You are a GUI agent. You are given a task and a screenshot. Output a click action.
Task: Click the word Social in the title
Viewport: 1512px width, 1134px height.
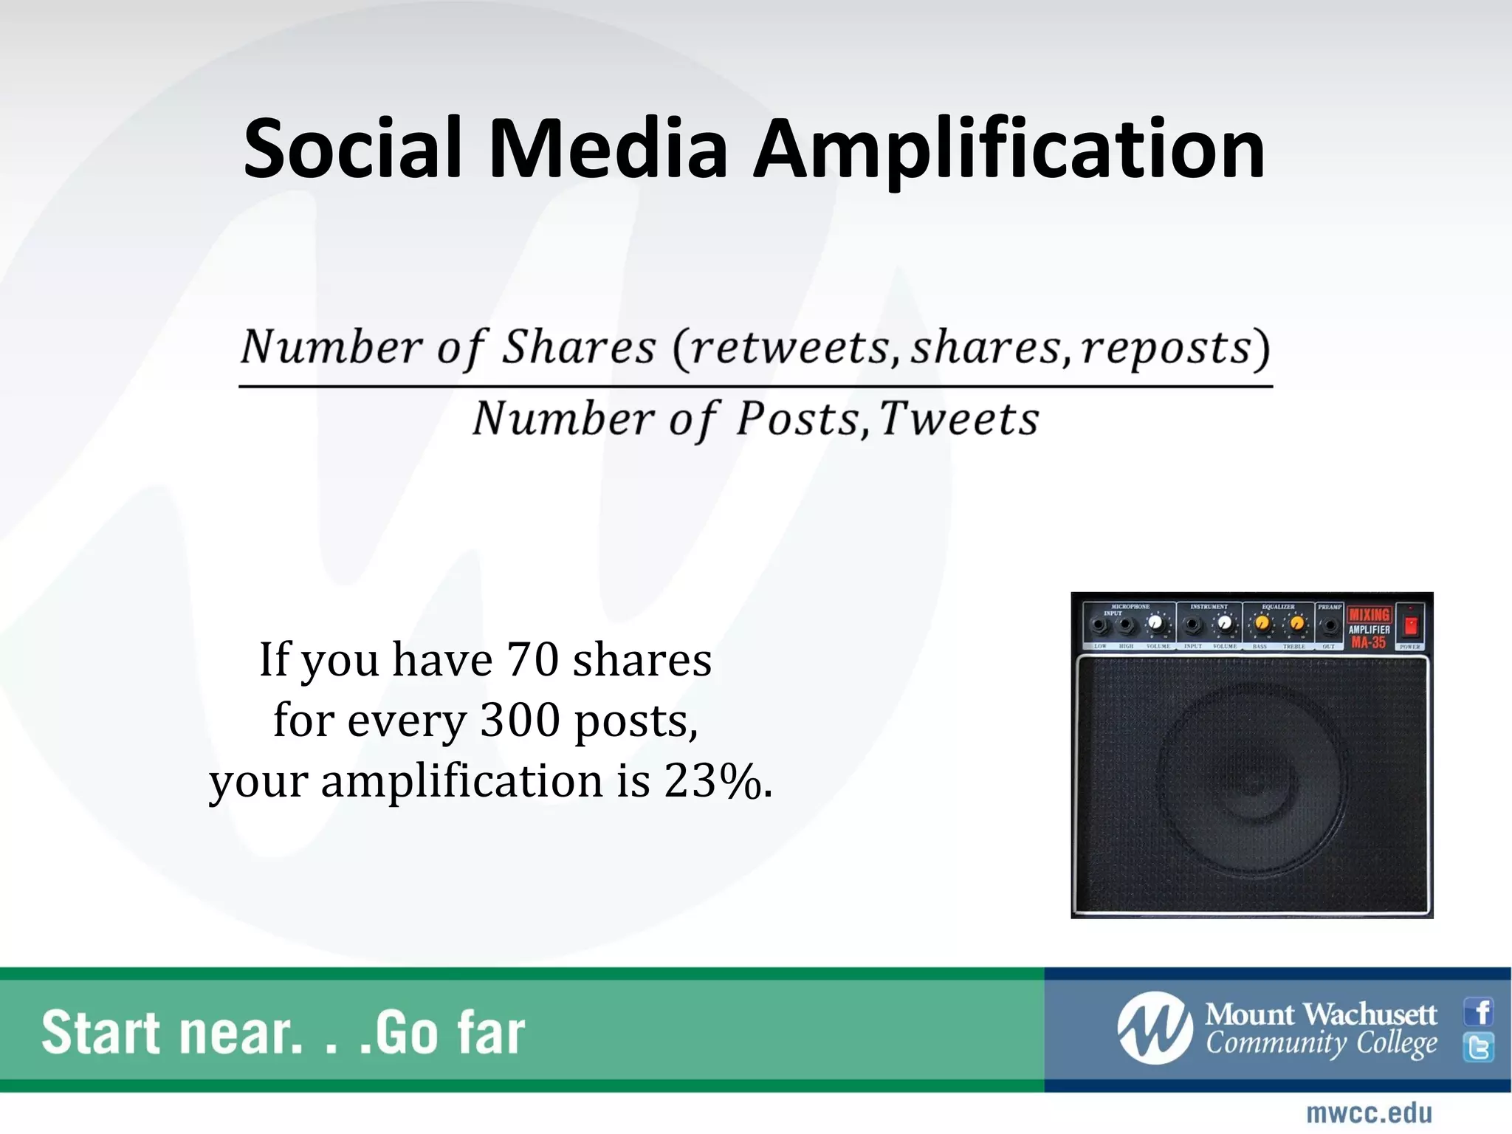click(x=353, y=150)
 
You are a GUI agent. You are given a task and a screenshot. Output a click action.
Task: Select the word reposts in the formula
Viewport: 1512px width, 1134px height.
click(x=1166, y=348)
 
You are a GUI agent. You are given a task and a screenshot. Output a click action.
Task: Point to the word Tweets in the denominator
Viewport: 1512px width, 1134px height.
click(x=958, y=419)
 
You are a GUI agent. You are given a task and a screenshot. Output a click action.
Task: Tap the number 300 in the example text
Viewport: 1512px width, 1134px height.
click(x=520, y=720)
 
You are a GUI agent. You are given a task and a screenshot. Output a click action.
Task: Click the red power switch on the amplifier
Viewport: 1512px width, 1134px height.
click(x=1410, y=626)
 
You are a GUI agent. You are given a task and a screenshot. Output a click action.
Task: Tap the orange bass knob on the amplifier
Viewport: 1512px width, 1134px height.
click(x=1262, y=625)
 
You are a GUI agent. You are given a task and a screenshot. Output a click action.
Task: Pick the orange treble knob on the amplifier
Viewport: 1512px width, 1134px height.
click(x=1296, y=625)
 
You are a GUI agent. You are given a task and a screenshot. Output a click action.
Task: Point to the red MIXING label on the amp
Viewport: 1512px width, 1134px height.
click(x=1370, y=614)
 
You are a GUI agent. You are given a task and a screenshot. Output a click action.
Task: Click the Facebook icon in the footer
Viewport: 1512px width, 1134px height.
click(x=1479, y=1012)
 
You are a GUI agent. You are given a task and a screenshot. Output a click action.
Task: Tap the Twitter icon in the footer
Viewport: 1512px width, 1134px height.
click(x=1479, y=1047)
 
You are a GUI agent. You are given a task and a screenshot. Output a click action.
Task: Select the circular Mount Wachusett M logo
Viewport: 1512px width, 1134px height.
click(x=1155, y=1028)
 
